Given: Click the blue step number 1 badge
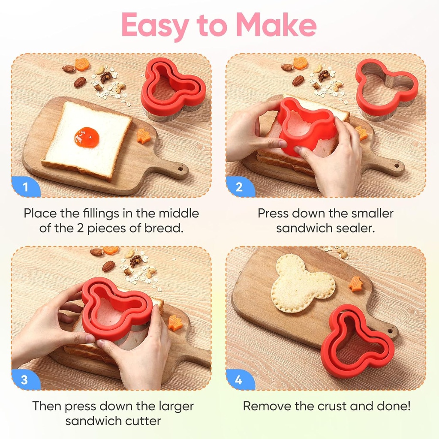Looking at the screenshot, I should coord(25,187).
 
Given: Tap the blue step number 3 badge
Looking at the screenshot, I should coord(25,380).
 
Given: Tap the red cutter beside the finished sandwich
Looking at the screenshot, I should coord(357,341).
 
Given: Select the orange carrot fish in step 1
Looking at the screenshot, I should coord(144,136).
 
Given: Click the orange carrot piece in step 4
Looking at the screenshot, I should coord(355,283).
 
